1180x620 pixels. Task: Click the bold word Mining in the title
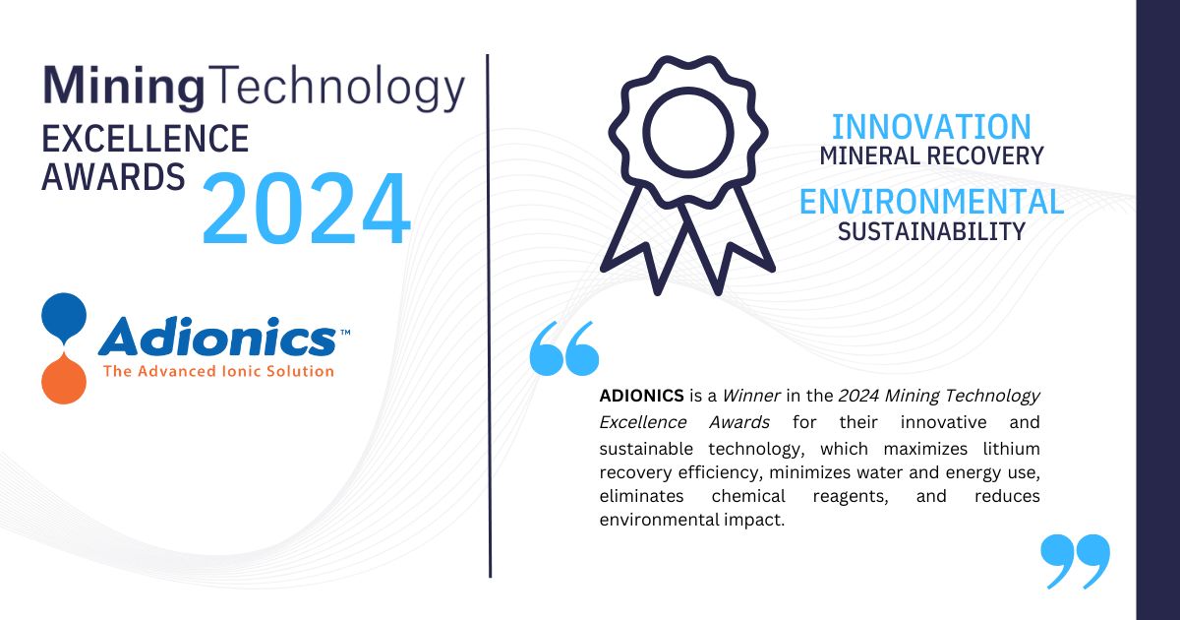tap(124, 87)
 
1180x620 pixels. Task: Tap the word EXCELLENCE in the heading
tap(145, 139)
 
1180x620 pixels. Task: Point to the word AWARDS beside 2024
tap(113, 177)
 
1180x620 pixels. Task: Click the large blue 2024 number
tap(305, 210)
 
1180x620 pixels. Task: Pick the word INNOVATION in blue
tap(931, 127)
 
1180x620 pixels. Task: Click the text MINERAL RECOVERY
tap(931, 155)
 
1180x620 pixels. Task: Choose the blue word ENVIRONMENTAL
tap(931, 202)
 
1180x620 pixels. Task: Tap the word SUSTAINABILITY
tap(931, 231)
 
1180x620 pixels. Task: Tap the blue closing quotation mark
tap(1075, 561)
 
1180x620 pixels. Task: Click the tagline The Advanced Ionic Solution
tap(218, 371)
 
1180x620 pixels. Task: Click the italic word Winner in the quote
tap(751, 396)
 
